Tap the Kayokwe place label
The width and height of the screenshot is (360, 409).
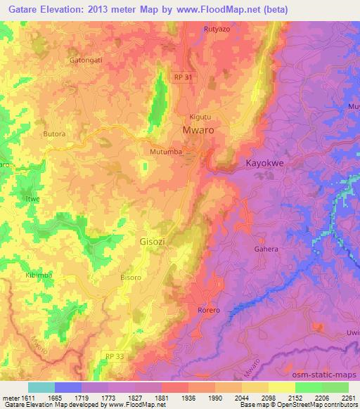[x=264, y=163]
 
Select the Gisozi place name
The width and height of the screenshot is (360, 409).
[x=148, y=242]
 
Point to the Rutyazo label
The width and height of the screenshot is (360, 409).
[x=217, y=29]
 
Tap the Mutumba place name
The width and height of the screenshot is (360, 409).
[x=166, y=151]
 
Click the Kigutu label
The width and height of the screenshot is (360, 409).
[x=200, y=117]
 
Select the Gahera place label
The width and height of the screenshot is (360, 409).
[x=266, y=249]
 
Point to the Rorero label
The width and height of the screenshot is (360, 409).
[x=207, y=310]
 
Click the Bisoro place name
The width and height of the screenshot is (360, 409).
[x=130, y=278]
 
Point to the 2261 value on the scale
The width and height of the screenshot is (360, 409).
[x=349, y=398]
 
